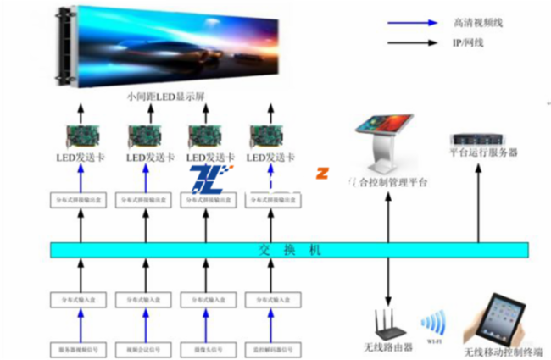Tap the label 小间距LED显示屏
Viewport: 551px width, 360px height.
click(164, 97)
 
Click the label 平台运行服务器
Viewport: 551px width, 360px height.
click(483, 153)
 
